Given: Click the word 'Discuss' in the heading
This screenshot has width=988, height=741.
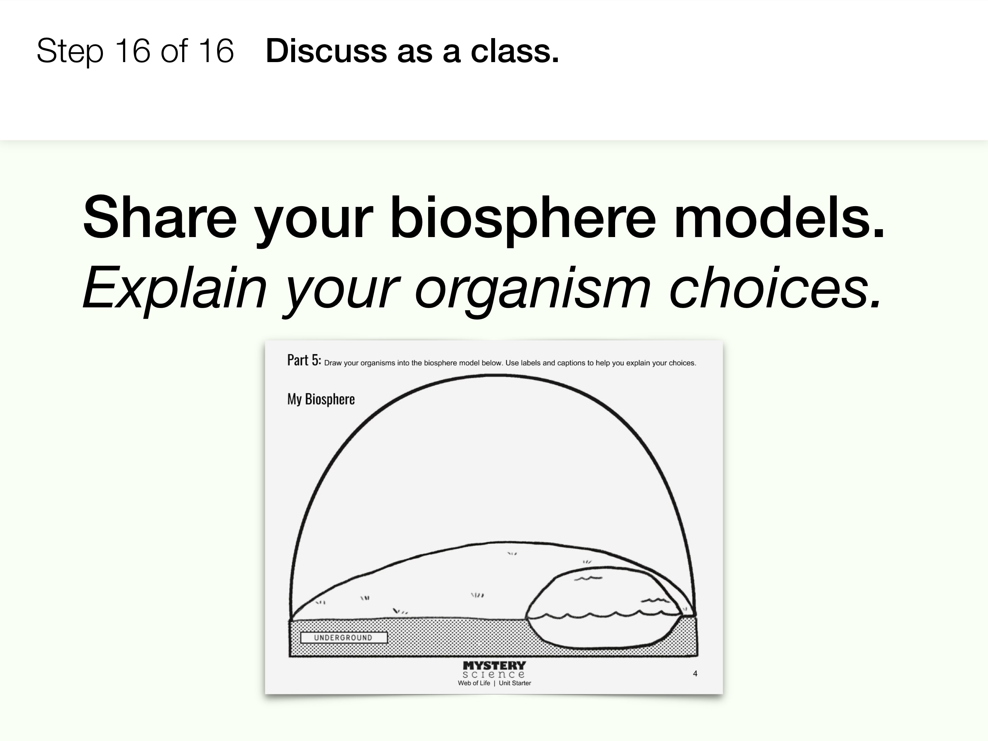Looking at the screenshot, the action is [326, 51].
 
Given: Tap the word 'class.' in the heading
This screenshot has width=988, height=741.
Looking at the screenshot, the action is [515, 51].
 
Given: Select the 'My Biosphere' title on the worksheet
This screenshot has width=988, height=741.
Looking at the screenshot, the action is [321, 399].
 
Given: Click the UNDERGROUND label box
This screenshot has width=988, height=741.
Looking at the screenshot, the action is [343, 637].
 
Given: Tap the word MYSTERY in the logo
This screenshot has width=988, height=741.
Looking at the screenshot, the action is [494, 666].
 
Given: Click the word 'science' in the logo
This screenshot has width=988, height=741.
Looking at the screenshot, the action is [494, 674].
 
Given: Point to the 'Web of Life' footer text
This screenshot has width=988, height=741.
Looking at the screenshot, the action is [474, 683].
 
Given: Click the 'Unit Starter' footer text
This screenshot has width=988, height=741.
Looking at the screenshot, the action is [515, 683].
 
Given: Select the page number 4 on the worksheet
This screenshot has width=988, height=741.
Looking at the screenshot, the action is [695, 673].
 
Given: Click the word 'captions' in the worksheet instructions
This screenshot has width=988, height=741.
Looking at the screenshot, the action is [571, 363].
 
